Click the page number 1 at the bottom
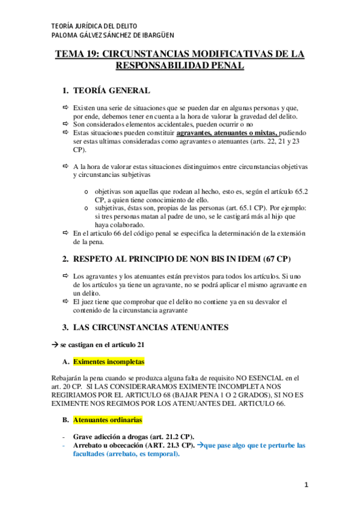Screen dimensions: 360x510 coord(305,485)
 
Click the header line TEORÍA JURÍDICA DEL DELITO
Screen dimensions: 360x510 coord(95,26)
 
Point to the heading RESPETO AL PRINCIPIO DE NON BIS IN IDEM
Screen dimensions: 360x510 coord(180,259)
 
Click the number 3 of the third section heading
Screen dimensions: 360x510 coord(66,327)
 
